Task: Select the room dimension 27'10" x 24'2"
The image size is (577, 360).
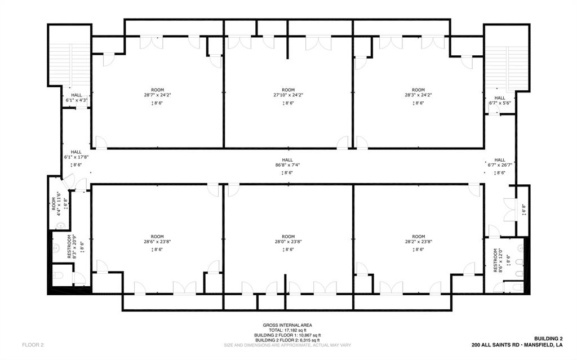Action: pos(288,95)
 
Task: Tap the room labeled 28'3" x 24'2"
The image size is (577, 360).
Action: pos(418,95)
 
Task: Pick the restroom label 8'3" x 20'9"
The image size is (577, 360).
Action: pos(70,246)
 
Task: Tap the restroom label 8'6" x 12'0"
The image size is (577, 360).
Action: pos(497,260)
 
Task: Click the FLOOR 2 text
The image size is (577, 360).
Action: pos(33,344)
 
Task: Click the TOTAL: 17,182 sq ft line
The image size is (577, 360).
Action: pos(287,330)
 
